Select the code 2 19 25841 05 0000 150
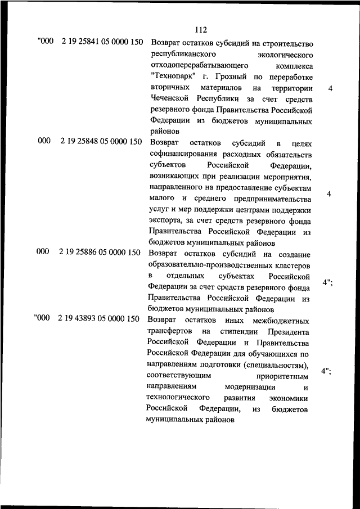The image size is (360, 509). (101, 43)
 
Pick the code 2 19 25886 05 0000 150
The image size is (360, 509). (99, 252)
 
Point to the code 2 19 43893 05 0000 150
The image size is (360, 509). (98, 319)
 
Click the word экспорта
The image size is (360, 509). (165, 221)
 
